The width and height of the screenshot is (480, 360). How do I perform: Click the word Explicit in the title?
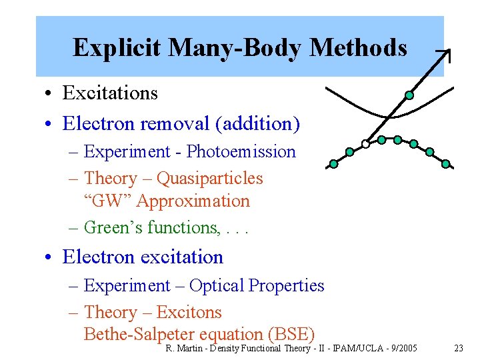coord(117,48)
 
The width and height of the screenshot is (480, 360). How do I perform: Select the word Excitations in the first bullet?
coord(110,93)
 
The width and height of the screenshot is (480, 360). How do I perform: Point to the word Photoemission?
coord(241,152)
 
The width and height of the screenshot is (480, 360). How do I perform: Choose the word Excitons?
coord(189,313)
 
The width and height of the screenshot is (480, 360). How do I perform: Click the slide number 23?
coord(458,349)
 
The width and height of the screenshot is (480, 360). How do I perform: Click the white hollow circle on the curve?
coord(365,143)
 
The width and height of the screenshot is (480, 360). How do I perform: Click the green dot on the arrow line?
coord(409,95)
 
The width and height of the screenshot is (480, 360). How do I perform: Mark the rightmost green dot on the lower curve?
coord(445,163)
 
